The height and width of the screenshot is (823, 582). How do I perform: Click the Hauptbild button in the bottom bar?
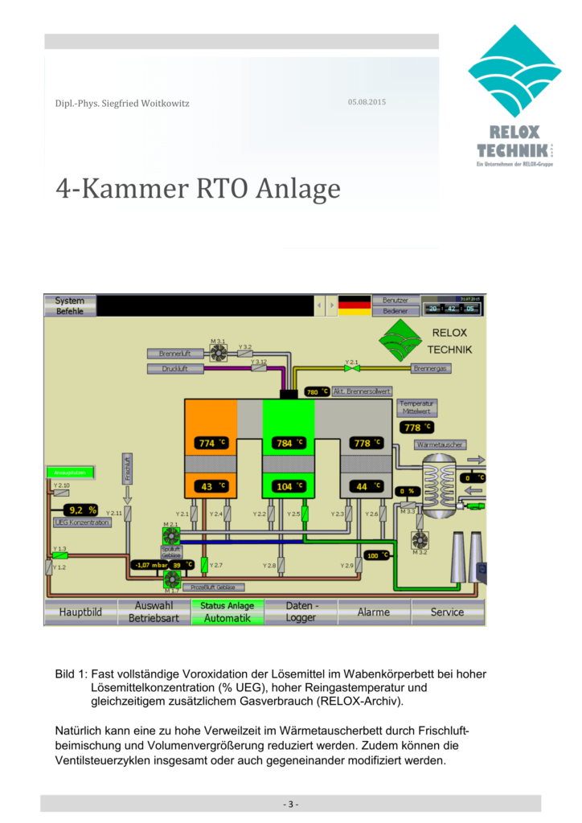pyautogui.click(x=80, y=612)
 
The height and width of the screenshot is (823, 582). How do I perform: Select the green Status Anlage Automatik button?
pyautogui.click(x=227, y=612)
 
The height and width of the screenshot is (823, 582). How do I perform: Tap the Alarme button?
pyautogui.click(x=374, y=612)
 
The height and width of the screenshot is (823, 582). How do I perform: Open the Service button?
pyautogui.click(x=447, y=612)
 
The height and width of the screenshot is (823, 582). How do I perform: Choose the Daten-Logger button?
pyautogui.click(x=301, y=612)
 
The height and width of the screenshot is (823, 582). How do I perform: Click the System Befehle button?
pyautogui.click(x=70, y=305)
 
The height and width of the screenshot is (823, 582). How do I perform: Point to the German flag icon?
pyautogui.click(x=355, y=305)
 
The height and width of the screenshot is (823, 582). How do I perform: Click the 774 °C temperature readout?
pyautogui.click(x=211, y=443)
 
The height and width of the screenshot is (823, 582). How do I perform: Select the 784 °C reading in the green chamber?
pyautogui.click(x=289, y=443)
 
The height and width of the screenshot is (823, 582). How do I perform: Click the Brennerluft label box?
pyautogui.click(x=174, y=354)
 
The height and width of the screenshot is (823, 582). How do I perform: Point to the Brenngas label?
pyautogui.click(x=431, y=368)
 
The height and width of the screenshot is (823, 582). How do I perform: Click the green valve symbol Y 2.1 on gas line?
pyautogui.click(x=350, y=369)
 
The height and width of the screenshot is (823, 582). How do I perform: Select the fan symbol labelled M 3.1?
pyautogui.click(x=218, y=350)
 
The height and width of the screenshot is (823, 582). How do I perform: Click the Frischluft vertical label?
pyautogui.click(x=127, y=468)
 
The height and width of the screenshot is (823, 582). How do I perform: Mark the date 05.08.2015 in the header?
pyautogui.click(x=367, y=102)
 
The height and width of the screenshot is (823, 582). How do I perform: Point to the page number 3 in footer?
pyautogui.click(x=290, y=804)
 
